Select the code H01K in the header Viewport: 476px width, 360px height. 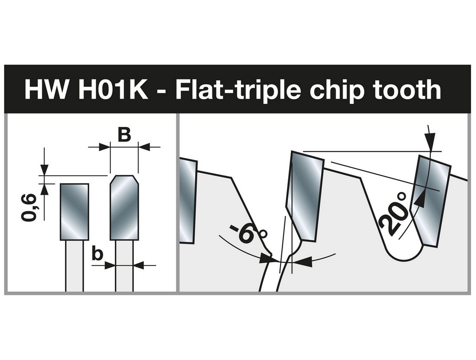tap(113, 90)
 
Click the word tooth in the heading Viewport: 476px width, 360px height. tap(405, 89)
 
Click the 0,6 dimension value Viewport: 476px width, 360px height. tap(29, 207)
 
